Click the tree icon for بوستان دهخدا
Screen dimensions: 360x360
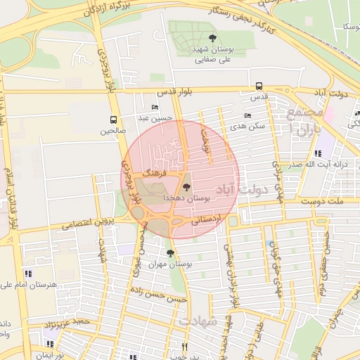[186, 187]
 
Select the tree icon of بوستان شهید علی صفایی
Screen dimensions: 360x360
[212, 39]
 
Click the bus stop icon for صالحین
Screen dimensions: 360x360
[114, 120]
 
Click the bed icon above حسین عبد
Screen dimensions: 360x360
[155, 108]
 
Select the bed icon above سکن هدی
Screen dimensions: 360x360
[247, 116]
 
